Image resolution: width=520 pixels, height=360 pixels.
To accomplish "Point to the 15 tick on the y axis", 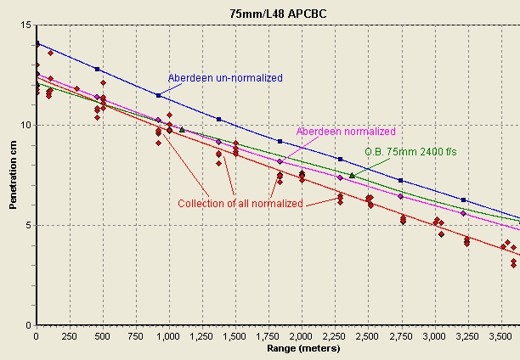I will click(x=26, y=25).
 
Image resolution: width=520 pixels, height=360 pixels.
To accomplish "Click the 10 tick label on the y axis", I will click(x=26, y=125).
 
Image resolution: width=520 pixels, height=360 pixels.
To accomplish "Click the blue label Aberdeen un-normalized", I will click(x=225, y=78).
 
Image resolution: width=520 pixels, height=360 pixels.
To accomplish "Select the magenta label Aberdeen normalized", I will click(x=346, y=132).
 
